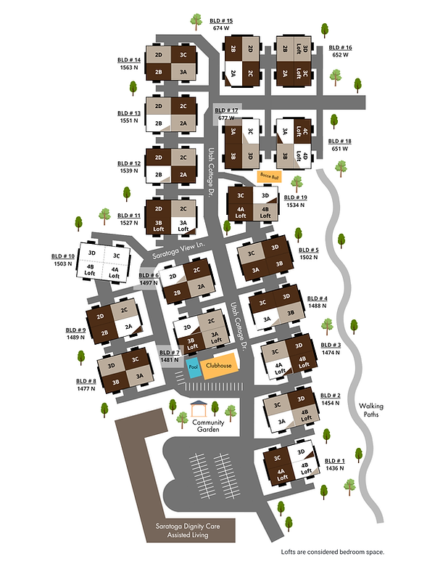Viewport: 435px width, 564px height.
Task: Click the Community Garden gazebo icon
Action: pyautogui.click(x=199, y=408)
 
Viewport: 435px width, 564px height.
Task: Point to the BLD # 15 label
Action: pyautogui.click(x=220, y=21)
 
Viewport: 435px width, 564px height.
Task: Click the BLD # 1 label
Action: pyautogui.click(x=336, y=461)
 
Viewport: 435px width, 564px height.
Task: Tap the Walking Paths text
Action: pyautogui.click(x=371, y=411)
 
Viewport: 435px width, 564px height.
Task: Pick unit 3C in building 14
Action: pyautogui.click(x=183, y=54)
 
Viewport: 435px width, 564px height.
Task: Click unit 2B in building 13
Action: pyautogui.click(x=158, y=123)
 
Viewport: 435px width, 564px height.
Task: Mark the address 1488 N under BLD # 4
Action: pyautogui.click(x=317, y=307)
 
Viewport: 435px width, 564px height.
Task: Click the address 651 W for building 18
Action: pyautogui.click(x=340, y=150)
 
